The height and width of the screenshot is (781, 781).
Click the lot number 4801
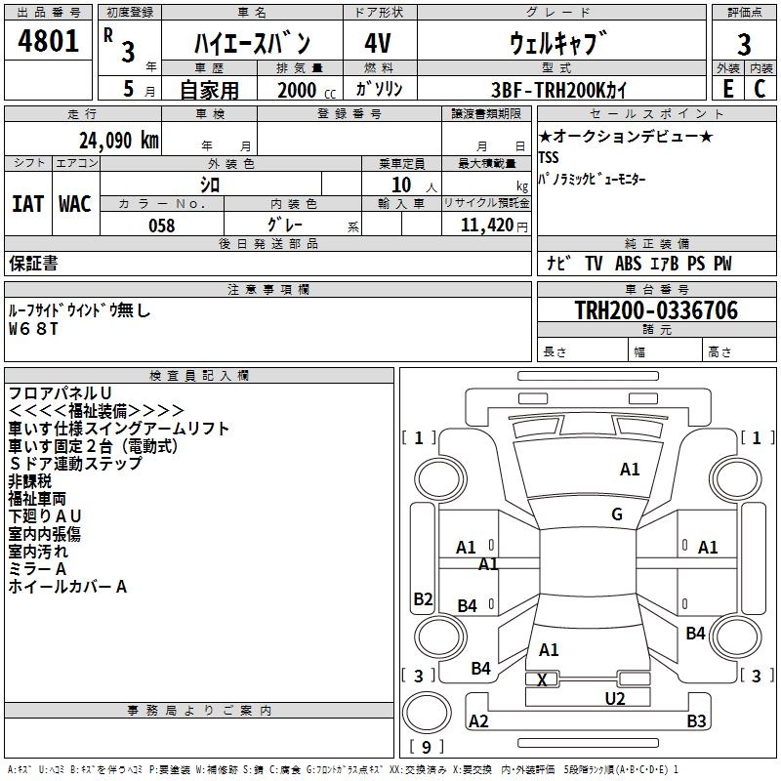tap(48, 42)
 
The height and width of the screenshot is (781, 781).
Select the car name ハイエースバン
tap(252, 43)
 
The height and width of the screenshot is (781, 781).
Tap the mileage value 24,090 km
tap(117, 140)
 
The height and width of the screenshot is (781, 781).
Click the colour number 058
tap(161, 226)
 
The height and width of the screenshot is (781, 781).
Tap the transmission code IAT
tap(28, 204)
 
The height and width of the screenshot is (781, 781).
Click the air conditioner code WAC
tap(75, 204)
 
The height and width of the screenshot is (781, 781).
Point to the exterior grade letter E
tap(727, 88)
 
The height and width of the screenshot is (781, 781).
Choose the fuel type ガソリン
tap(381, 89)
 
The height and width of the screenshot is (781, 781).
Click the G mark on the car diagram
tap(617, 514)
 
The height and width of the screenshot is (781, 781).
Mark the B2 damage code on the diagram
tap(423, 599)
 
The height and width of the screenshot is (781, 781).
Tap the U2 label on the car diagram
tap(614, 698)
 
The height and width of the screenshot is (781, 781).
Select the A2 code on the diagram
tap(478, 721)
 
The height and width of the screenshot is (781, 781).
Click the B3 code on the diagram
tap(696, 721)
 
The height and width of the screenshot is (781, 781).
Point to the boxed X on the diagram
tap(543, 679)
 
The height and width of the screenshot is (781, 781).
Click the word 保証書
tap(33, 264)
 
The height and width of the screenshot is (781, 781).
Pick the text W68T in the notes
tap(33, 329)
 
